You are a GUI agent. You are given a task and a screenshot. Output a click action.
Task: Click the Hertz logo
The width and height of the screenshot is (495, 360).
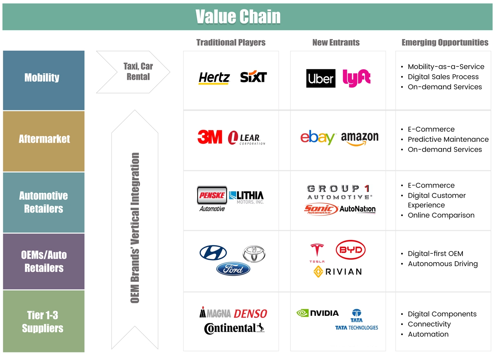tap(214, 78)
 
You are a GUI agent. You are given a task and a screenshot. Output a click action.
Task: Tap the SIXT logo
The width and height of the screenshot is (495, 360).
tap(254, 77)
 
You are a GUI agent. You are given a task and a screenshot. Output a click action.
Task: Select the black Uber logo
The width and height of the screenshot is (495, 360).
tap(321, 78)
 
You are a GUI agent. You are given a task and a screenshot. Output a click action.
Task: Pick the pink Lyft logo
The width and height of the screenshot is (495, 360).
tap(357, 78)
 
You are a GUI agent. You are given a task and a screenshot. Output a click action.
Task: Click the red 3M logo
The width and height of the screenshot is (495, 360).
tap(210, 137)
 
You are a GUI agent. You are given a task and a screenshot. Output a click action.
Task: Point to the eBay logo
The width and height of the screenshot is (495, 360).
tap(317, 137)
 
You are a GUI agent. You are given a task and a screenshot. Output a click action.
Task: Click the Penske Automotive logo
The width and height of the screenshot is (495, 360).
tap(212, 199)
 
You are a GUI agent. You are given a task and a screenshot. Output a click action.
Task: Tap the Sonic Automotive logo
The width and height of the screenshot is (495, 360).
tap(321, 209)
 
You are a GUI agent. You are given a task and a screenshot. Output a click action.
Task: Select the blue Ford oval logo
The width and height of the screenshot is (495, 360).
tap(233, 269)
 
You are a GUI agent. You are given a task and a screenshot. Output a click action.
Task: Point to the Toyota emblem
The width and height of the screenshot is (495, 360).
tap(254, 254)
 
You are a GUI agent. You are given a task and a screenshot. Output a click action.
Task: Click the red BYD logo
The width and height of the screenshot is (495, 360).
tap(351, 250)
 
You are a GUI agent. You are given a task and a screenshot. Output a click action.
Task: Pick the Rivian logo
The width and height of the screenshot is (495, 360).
tap(337, 271)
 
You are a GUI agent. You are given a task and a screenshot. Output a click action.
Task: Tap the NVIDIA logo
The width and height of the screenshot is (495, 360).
tap(318, 313)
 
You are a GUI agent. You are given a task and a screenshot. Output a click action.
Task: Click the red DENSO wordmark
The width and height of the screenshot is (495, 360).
tap(250, 314)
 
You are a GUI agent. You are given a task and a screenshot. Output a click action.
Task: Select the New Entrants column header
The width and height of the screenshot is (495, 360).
tap(336, 42)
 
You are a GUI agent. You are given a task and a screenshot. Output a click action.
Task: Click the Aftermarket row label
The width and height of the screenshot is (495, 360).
tap(44, 139)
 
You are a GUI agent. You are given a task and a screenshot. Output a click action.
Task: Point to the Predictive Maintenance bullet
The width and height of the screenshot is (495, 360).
tap(448, 139)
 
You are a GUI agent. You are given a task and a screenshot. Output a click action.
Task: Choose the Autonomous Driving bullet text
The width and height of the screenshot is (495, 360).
tap(443, 264)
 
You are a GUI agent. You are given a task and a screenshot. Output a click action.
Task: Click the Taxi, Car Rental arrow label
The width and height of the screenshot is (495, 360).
tap(138, 71)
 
